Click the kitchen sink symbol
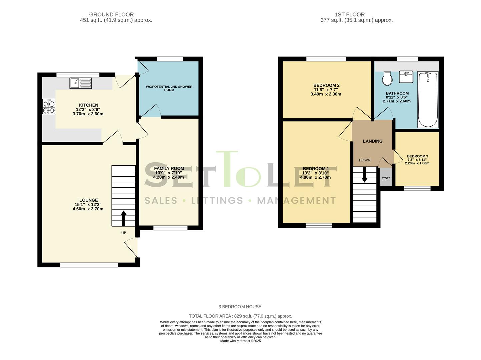tap(81, 83)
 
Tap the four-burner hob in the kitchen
tap(49, 106)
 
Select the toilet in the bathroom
tap(387, 78)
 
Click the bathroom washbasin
tap(406, 77)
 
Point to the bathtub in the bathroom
tap(428, 99)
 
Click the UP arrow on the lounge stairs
tap(124, 218)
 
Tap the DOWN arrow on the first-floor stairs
tap(365, 174)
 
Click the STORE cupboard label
tap(386, 178)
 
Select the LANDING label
tap(373, 141)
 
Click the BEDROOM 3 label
tap(417, 156)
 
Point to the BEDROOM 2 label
tap(326, 85)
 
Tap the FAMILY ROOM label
tap(169, 168)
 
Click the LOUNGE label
tap(89, 200)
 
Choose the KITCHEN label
tap(89, 105)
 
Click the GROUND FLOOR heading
tap(111, 14)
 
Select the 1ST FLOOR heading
tap(350, 14)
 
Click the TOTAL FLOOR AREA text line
tap(240, 316)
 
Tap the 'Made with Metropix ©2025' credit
tap(240, 341)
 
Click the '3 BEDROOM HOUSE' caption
tap(240, 307)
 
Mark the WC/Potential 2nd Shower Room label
tap(169, 88)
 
